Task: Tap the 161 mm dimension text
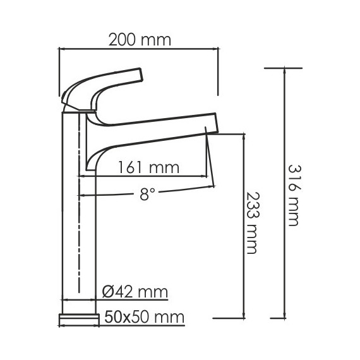click(x=149, y=167)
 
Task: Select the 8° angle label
click(x=147, y=195)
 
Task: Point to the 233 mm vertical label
click(x=252, y=222)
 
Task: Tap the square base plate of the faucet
click(x=79, y=318)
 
